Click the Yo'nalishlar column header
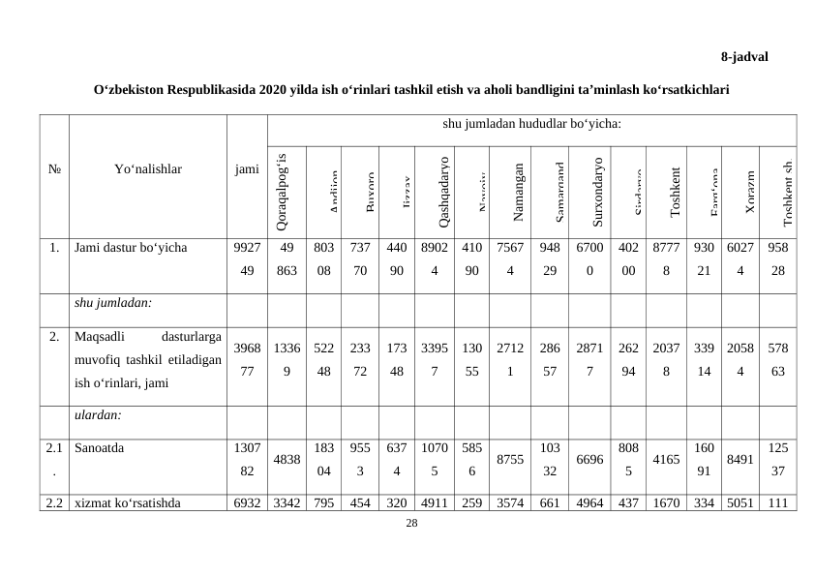[x=148, y=169]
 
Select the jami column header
[x=246, y=169]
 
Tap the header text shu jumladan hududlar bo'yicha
[x=531, y=124]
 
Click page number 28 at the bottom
[x=411, y=524]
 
